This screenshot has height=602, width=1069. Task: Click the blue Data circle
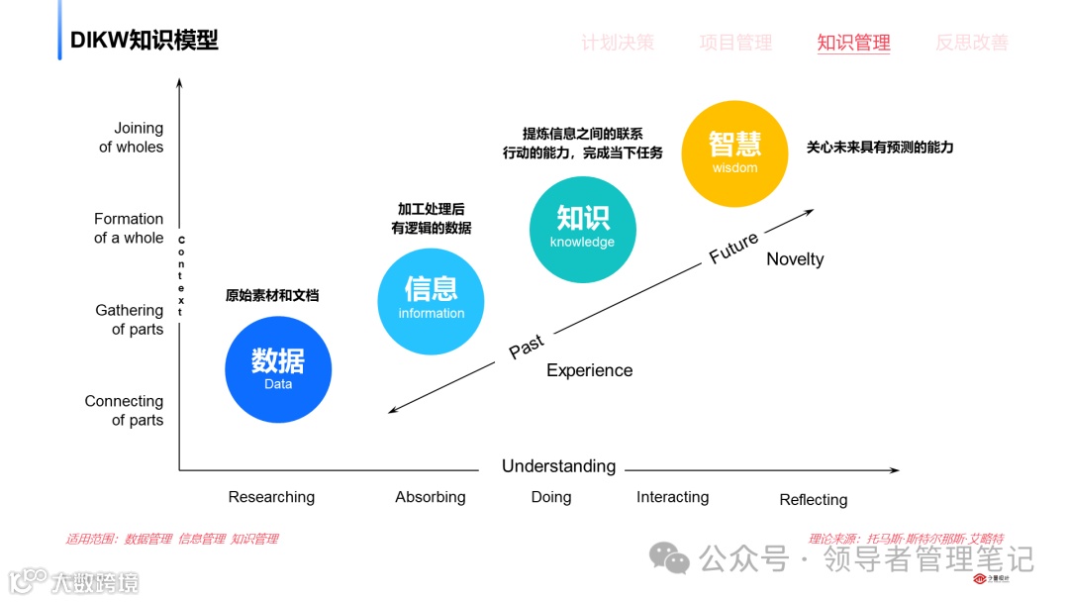(x=278, y=369)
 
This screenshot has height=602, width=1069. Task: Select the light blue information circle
(x=431, y=301)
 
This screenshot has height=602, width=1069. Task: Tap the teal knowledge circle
(x=582, y=230)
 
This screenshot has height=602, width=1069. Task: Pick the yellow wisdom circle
(x=734, y=153)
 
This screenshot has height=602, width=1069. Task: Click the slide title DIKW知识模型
(x=144, y=40)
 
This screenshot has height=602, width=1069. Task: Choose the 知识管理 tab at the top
(x=853, y=43)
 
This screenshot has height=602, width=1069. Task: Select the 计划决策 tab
(x=618, y=43)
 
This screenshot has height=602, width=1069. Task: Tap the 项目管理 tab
(x=735, y=43)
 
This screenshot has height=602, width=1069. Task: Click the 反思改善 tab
(x=972, y=43)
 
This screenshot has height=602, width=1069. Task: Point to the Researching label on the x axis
(x=271, y=497)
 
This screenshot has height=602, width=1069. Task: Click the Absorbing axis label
(x=431, y=497)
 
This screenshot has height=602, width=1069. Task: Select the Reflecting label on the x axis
(x=814, y=499)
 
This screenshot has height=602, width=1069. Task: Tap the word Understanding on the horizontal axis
(x=558, y=466)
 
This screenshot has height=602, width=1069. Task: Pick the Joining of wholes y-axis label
(x=132, y=138)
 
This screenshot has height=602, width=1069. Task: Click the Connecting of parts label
(x=125, y=410)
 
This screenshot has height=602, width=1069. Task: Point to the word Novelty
(x=795, y=259)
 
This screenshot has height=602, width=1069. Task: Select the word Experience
(x=589, y=370)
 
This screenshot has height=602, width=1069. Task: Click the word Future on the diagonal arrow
(x=733, y=248)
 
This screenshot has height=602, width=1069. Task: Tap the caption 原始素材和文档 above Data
(x=272, y=295)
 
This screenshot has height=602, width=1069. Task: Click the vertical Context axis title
(x=181, y=276)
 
